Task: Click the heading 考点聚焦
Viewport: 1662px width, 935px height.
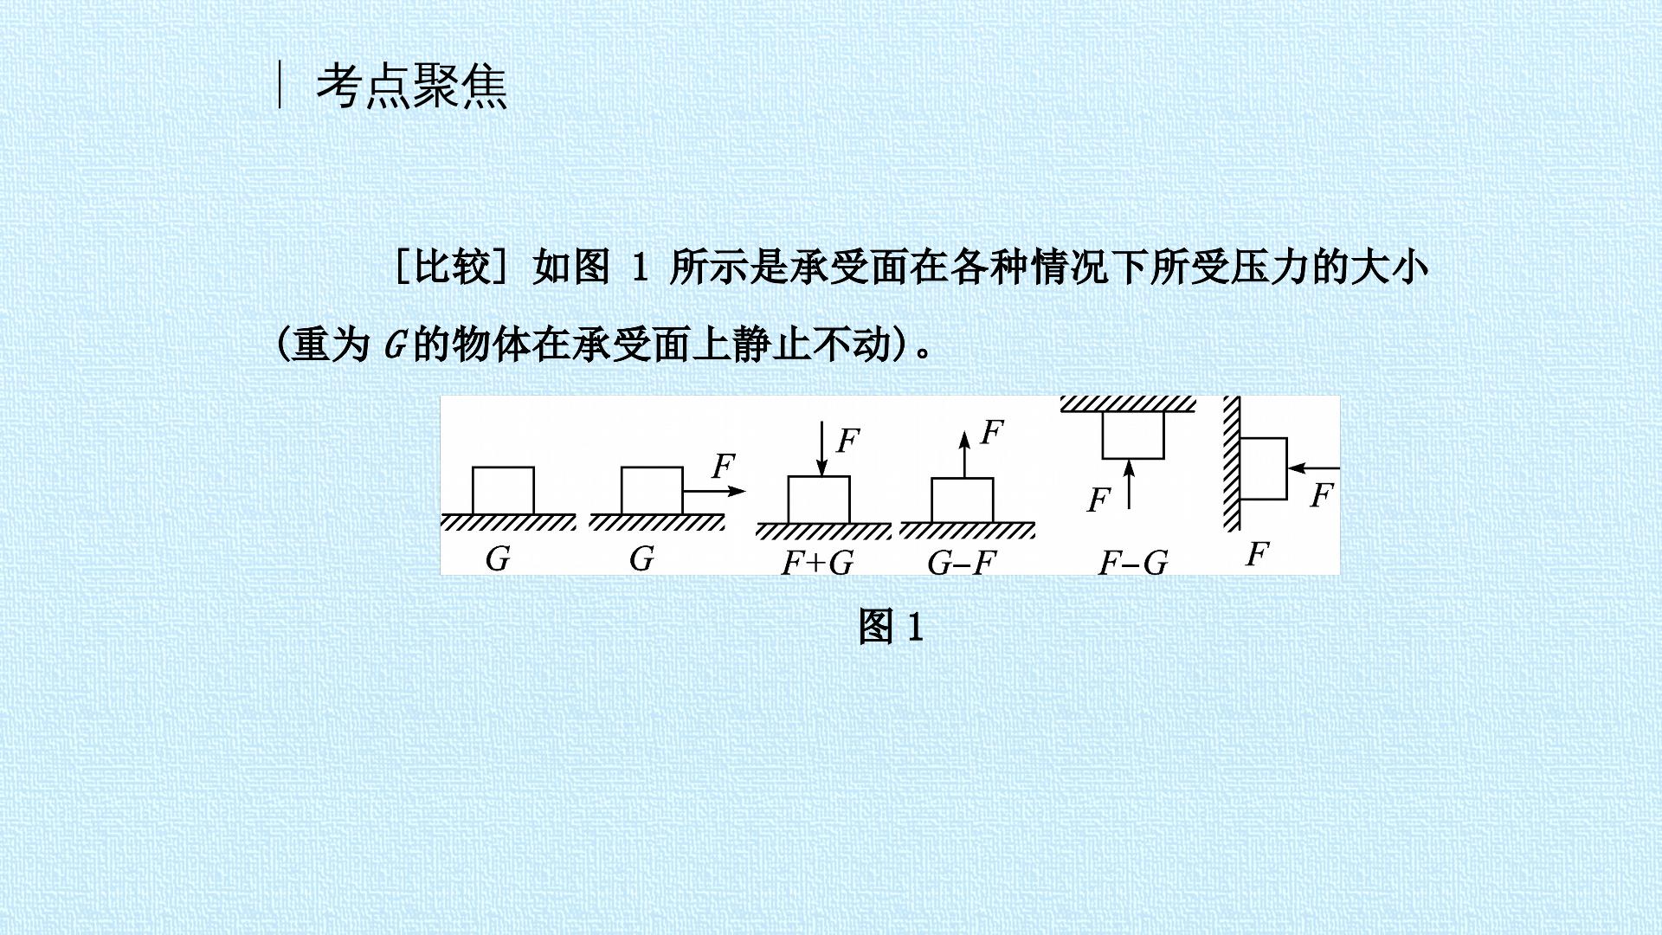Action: point(411,87)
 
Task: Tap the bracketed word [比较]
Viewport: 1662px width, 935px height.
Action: point(450,267)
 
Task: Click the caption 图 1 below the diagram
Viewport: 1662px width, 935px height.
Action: point(891,626)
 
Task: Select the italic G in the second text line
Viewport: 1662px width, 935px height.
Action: point(395,346)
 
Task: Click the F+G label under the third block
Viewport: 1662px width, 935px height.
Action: point(817,563)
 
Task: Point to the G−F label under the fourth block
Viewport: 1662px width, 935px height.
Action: point(962,564)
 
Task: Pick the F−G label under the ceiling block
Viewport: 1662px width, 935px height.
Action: point(1133,564)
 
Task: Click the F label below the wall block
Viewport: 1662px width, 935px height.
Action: point(1258,553)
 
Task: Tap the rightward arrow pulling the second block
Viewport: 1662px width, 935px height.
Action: point(714,491)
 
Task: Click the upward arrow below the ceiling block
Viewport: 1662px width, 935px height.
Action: point(1129,485)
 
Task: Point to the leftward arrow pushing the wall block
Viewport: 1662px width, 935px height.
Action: point(1313,468)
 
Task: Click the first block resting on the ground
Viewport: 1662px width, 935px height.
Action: point(503,490)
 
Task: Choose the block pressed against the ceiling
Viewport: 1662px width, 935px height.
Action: point(1133,435)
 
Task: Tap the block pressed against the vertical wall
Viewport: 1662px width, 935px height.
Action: point(1264,468)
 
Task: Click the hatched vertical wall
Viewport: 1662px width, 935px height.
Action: point(1232,463)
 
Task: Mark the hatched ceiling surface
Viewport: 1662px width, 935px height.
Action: point(1128,404)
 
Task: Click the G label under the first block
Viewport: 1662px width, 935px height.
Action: point(498,558)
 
